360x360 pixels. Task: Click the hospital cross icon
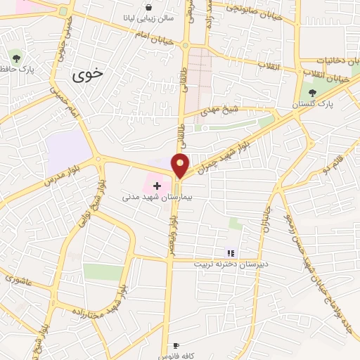pyautogui.click(x=157, y=185)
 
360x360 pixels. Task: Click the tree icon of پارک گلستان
pyautogui.click(x=312, y=93)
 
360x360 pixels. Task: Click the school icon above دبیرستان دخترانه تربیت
pyautogui.click(x=229, y=253)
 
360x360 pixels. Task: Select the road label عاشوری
pyautogui.click(x=20, y=278)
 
